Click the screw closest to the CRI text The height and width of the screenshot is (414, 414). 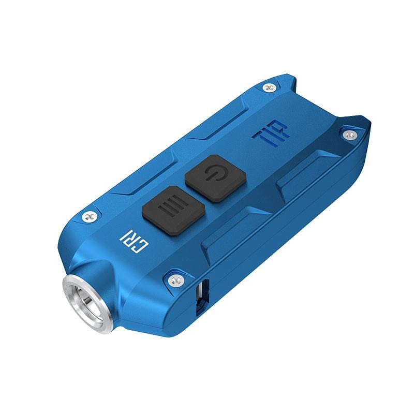[91, 217]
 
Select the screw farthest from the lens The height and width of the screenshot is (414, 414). [350, 135]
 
